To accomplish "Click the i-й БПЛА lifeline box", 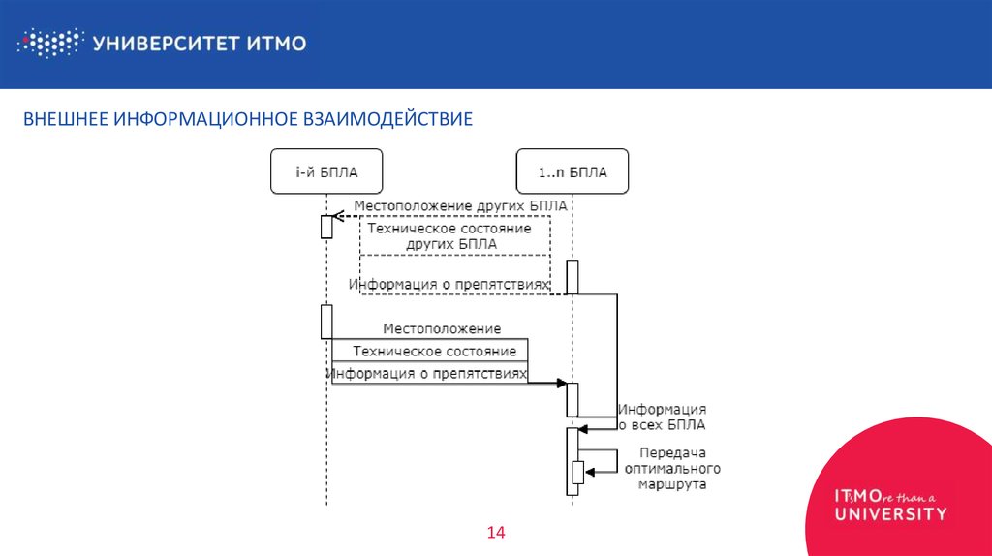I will point(326,172).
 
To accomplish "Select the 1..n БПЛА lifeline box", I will point(573,172).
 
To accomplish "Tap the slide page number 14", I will point(496,532).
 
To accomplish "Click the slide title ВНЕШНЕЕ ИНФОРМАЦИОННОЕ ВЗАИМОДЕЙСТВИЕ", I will point(248,119).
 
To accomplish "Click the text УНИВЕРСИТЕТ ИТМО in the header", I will point(200,43).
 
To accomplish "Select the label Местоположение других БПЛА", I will point(460,206).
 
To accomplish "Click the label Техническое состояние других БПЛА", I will point(455,236).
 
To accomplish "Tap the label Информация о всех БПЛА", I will point(663,417).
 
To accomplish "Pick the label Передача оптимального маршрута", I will point(671,468).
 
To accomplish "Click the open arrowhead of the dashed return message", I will point(337,216).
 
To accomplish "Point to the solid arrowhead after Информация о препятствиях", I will point(561,384).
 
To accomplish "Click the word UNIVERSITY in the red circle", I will point(891,513).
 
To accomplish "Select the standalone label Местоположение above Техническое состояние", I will point(442,329).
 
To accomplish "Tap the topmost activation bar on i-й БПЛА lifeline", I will point(326,227).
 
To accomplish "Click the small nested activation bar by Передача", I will point(578,472).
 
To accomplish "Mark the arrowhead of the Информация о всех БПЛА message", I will point(583,426).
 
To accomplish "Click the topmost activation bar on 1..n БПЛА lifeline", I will point(573,276).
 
